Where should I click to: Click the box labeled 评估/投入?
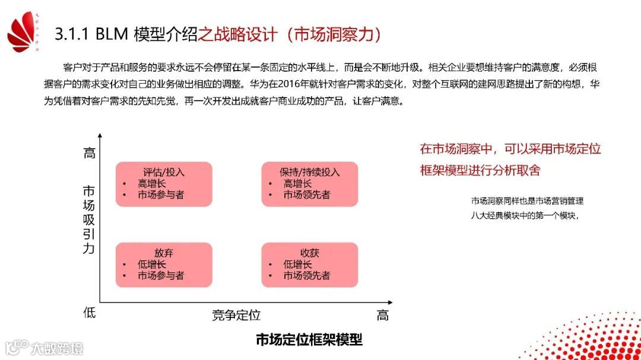pyautogui.click(x=164, y=184)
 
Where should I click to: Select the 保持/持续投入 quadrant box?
pyautogui.click(x=310, y=184)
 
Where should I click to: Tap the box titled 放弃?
pyautogui.click(x=164, y=264)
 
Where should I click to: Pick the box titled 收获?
pyautogui.click(x=310, y=264)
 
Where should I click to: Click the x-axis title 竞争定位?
pyautogui.click(x=236, y=315)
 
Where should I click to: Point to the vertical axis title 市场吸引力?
pyautogui.click(x=89, y=219)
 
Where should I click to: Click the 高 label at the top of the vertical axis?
pyautogui.click(x=89, y=153)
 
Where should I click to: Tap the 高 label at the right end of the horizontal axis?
pyautogui.click(x=383, y=315)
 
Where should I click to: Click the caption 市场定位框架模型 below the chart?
pyautogui.click(x=309, y=340)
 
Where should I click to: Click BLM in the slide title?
pyautogui.click(x=111, y=34)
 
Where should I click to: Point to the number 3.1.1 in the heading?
pyautogui.click(x=71, y=34)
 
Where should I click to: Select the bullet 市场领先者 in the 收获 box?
pyautogui.click(x=307, y=276)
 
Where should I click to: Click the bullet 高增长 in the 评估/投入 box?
pyautogui.click(x=152, y=184)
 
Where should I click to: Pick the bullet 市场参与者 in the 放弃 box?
pyautogui.click(x=161, y=276)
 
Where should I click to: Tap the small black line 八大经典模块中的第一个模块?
pyautogui.click(x=524, y=215)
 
